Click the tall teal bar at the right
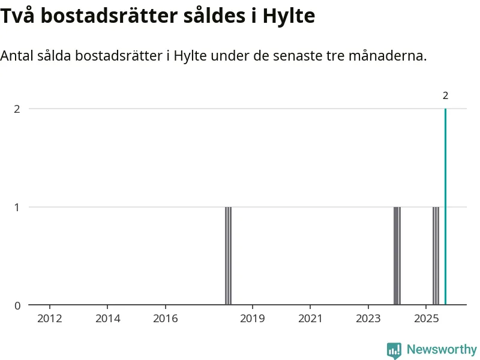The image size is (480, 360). point(445,207)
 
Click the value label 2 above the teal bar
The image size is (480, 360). point(445,95)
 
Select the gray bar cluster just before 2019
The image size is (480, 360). point(228,256)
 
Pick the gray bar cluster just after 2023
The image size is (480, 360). point(397,256)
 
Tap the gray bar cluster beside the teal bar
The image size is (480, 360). point(436,256)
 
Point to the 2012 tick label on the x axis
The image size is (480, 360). point(50,318)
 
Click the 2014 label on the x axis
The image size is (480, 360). point(108,318)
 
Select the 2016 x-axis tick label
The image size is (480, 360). point(166,318)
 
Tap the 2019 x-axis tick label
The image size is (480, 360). point(253,318)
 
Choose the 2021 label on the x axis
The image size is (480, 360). point(310,318)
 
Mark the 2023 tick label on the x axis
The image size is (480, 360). point(368,318)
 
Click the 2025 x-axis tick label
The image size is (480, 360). point(426,318)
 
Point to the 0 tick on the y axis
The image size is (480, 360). point(17,305)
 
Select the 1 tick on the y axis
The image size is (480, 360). point(17,207)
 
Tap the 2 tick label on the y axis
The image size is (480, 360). point(17,109)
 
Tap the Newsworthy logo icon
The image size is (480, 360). point(394,350)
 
